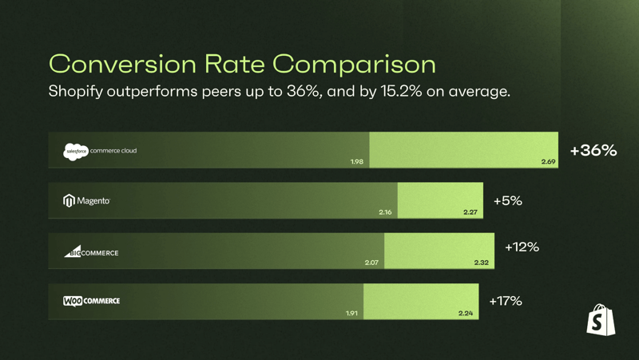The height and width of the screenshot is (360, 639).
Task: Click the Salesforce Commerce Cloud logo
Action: click(x=100, y=151)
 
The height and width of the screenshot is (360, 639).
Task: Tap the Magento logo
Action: click(x=86, y=200)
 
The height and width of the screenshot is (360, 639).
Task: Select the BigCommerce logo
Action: click(x=91, y=252)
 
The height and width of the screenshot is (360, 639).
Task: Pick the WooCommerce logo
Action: click(x=91, y=301)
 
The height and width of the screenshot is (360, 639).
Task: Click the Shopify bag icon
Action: click(x=601, y=320)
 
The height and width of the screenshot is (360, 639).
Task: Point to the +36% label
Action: click(x=593, y=150)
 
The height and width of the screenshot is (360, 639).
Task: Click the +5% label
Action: click(x=507, y=200)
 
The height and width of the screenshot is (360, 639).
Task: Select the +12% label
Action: click(x=522, y=247)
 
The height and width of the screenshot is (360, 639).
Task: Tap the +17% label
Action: click(x=505, y=301)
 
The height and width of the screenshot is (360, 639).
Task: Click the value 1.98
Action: click(x=356, y=162)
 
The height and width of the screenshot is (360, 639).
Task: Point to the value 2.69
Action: click(x=548, y=162)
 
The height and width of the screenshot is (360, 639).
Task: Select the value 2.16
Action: click(x=385, y=212)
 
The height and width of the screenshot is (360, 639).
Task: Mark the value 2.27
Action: click(x=470, y=212)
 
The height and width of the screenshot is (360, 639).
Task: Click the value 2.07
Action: click(x=371, y=263)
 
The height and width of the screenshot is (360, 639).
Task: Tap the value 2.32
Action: click(x=481, y=263)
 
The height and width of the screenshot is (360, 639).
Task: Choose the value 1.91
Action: click(x=351, y=313)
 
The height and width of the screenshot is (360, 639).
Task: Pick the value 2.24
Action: click(x=466, y=313)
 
